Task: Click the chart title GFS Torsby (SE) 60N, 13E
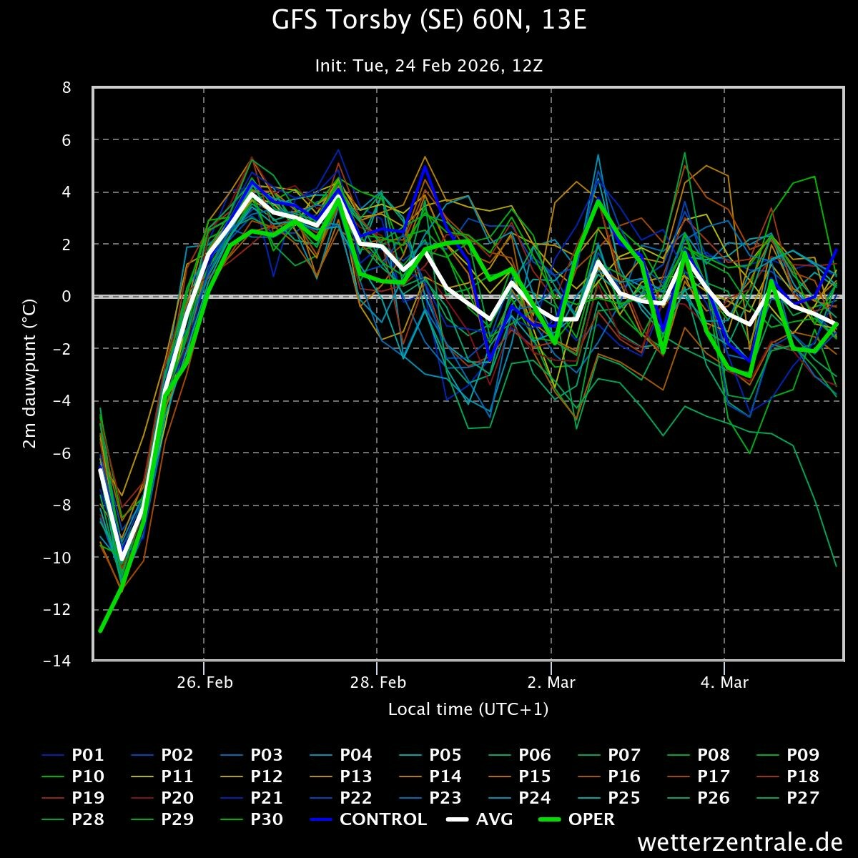(429, 20)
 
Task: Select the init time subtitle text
(429, 66)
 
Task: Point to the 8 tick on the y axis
(66, 88)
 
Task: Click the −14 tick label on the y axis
(57, 661)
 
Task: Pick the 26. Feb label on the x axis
(204, 682)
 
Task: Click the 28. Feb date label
(378, 682)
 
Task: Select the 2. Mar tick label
(551, 682)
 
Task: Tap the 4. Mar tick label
(725, 682)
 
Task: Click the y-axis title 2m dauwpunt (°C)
(30, 374)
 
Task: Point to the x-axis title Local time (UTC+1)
(468, 709)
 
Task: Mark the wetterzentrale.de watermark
(740, 842)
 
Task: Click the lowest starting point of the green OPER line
(100, 631)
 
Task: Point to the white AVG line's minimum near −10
(122, 558)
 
